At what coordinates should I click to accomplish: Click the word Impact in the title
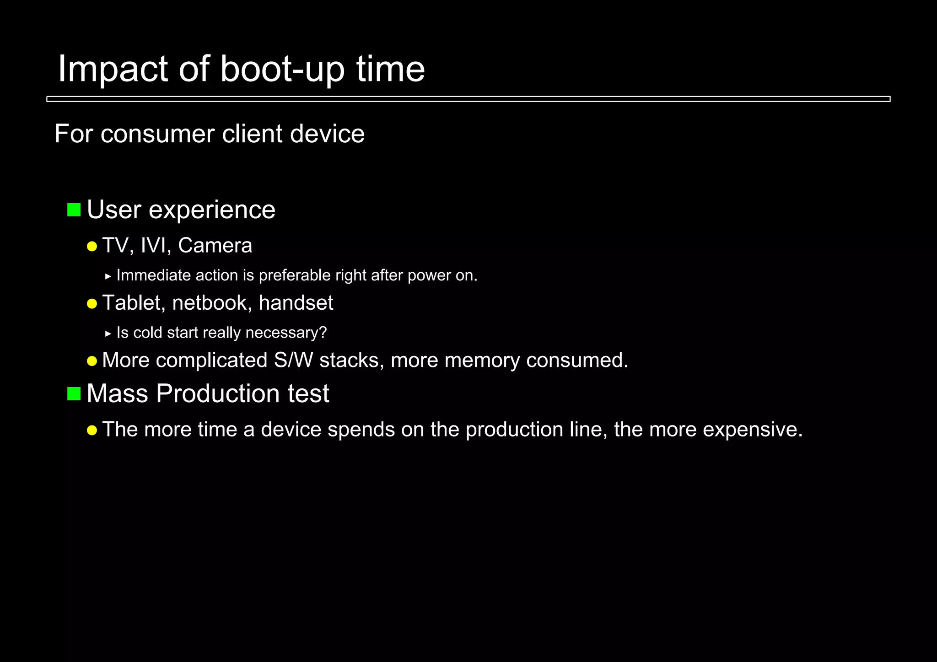113,69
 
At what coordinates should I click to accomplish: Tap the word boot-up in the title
282,69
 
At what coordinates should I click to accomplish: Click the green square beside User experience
74,210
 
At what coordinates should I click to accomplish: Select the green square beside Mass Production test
74,393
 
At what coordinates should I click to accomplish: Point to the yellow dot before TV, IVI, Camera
92,247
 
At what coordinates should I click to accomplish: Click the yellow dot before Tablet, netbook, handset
92,304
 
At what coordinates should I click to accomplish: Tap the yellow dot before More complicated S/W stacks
92,361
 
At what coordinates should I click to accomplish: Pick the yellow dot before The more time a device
92,431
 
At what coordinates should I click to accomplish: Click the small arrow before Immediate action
108,276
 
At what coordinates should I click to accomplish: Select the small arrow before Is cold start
108,334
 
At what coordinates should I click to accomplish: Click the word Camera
215,246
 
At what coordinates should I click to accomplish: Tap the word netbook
210,303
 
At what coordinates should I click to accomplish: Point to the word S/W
293,360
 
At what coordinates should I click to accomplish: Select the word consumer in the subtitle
157,134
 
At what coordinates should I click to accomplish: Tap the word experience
212,210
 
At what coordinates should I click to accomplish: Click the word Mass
117,393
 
